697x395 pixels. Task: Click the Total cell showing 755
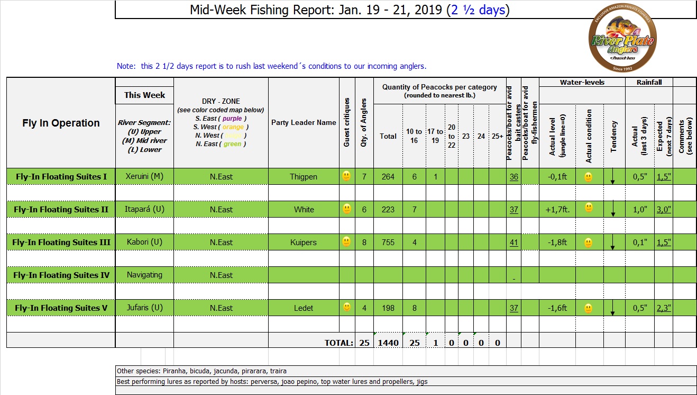click(388, 243)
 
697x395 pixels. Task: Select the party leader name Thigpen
click(304, 177)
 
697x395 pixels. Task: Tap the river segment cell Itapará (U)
click(144, 209)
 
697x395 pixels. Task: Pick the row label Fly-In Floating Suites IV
click(61, 275)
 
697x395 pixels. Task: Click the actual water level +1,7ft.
click(556, 210)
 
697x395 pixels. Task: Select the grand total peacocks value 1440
click(388, 343)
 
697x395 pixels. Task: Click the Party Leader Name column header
click(304, 122)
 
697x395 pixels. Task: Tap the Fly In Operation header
click(61, 123)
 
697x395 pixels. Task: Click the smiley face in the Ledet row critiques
click(346, 307)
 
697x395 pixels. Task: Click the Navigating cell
click(144, 275)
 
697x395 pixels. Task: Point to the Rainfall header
click(649, 82)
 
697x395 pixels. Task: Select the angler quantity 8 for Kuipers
click(364, 243)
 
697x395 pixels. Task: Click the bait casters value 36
click(513, 177)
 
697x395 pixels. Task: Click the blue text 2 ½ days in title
click(478, 10)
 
